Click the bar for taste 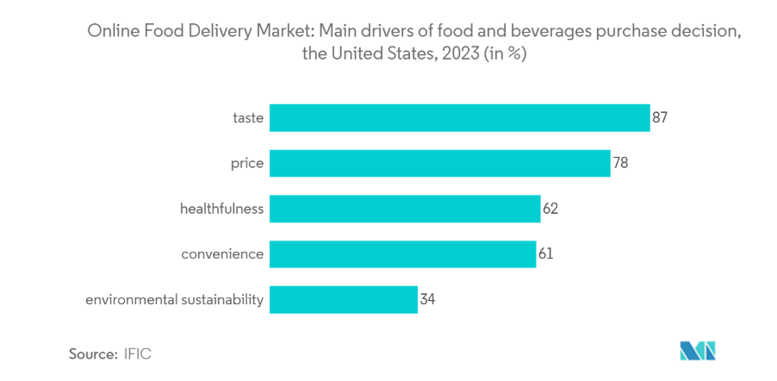[x=459, y=118]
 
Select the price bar [x=439, y=163]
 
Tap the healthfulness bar [x=405, y=209]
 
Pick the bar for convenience [x=402, y=254]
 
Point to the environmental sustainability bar [x=343, y=300]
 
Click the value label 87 [x=661, y=118]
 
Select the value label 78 [x=620, y=163]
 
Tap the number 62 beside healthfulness [x=551, y=209]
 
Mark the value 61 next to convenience [x=546, y=254]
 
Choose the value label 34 [x=428, y=300]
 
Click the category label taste [x=248, y=118]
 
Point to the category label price [x=247, y=163]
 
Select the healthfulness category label [x=221, y=209]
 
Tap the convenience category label [x=222, y=254]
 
